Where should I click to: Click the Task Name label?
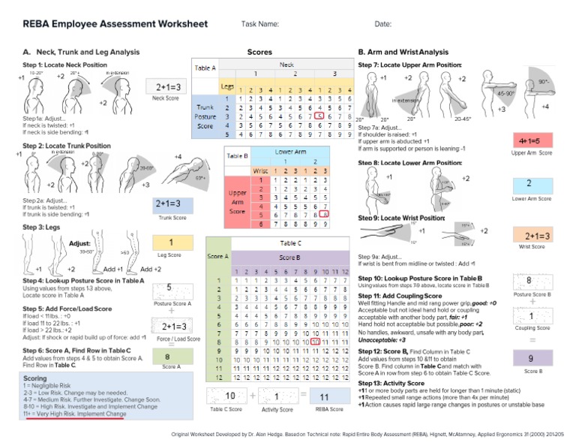(260, 25)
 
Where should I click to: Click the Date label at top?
(383, 25)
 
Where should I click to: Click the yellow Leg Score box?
(172, 243)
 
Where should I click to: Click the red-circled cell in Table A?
(320, 116)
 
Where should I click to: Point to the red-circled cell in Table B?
(324, 214)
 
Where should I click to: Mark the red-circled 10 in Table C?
(316, 340)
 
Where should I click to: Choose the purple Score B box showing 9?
(529, 358)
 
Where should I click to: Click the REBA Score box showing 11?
(324, 396)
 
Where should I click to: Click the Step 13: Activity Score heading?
(391, 382)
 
